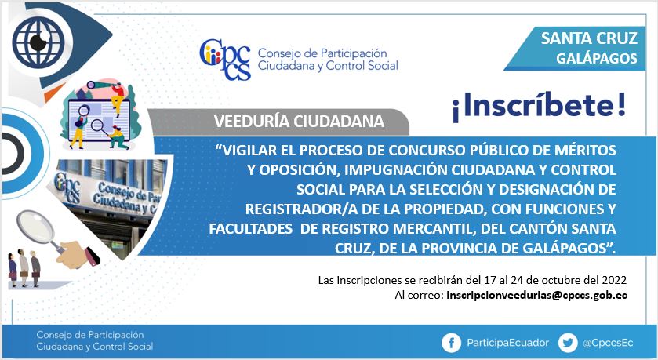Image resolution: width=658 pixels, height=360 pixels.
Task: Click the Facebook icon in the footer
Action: point(452,343)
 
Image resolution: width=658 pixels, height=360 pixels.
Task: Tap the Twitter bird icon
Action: point(568,343)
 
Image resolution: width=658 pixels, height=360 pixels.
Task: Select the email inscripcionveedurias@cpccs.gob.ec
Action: point(536,295)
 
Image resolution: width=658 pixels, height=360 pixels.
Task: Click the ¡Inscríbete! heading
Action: point(539,107)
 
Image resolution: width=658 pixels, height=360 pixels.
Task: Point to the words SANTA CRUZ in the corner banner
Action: point(589,38)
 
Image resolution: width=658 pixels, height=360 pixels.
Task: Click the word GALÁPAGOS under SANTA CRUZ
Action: point(597,58)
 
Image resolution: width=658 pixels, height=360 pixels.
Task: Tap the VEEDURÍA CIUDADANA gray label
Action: point(299,122)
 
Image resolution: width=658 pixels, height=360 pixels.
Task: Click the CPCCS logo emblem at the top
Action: point(225,59)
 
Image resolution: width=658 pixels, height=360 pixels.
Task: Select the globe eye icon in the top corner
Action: point(38,41)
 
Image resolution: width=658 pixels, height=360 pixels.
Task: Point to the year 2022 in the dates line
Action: point(614,280)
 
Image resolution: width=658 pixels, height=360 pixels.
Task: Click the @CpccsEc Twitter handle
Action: point(608,343)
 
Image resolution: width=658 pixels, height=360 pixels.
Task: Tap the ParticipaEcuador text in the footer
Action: point(507,343)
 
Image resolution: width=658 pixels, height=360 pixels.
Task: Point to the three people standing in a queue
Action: point(24,267)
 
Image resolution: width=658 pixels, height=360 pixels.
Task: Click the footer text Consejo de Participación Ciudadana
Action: point(94,340)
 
